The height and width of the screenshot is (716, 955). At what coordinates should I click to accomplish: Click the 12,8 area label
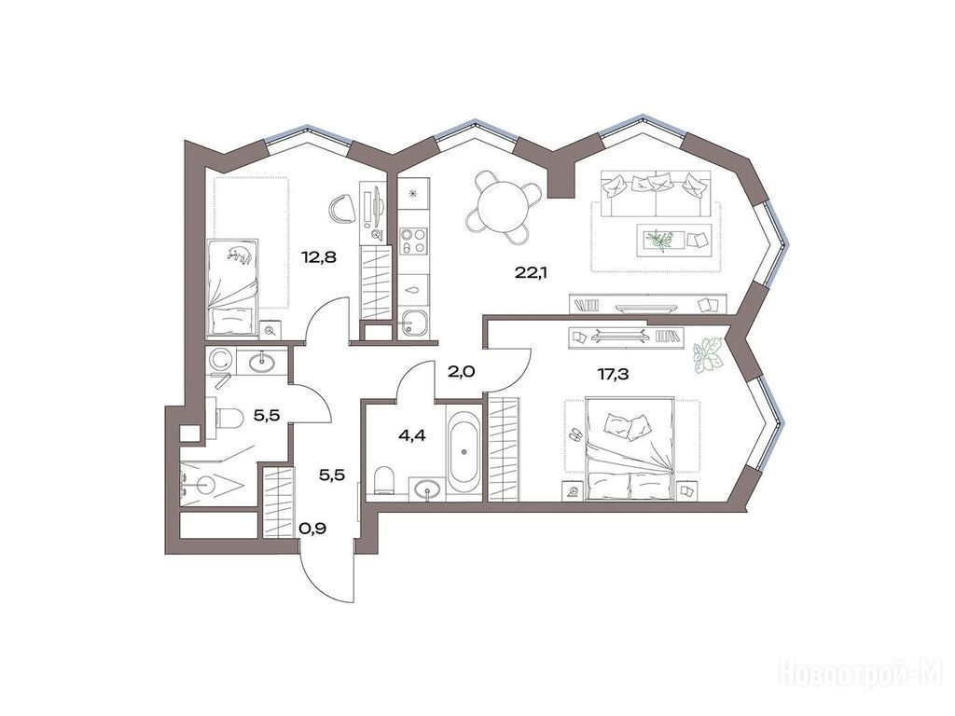tap(319, 257)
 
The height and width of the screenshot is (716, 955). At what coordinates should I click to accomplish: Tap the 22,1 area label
tap(531, 273)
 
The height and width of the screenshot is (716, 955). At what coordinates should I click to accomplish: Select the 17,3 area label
tap(613, 374)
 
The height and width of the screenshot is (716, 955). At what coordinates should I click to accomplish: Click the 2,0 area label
tap(461, 371)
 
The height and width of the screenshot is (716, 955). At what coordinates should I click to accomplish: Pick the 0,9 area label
tap(312, 529)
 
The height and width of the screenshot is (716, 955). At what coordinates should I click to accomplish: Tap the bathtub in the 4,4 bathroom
tap(464, 451)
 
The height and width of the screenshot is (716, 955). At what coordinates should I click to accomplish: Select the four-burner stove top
tap(413, 240)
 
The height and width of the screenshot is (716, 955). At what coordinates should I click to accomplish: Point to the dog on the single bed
tap(240, 255)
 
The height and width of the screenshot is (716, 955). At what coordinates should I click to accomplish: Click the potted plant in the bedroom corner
tap(708, 352)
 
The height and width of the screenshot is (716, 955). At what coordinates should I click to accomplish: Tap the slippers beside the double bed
tap(574, 434)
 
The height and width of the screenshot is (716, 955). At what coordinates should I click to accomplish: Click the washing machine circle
tap(218, 361)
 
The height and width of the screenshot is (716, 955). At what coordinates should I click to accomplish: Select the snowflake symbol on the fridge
tap(413, 194)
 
